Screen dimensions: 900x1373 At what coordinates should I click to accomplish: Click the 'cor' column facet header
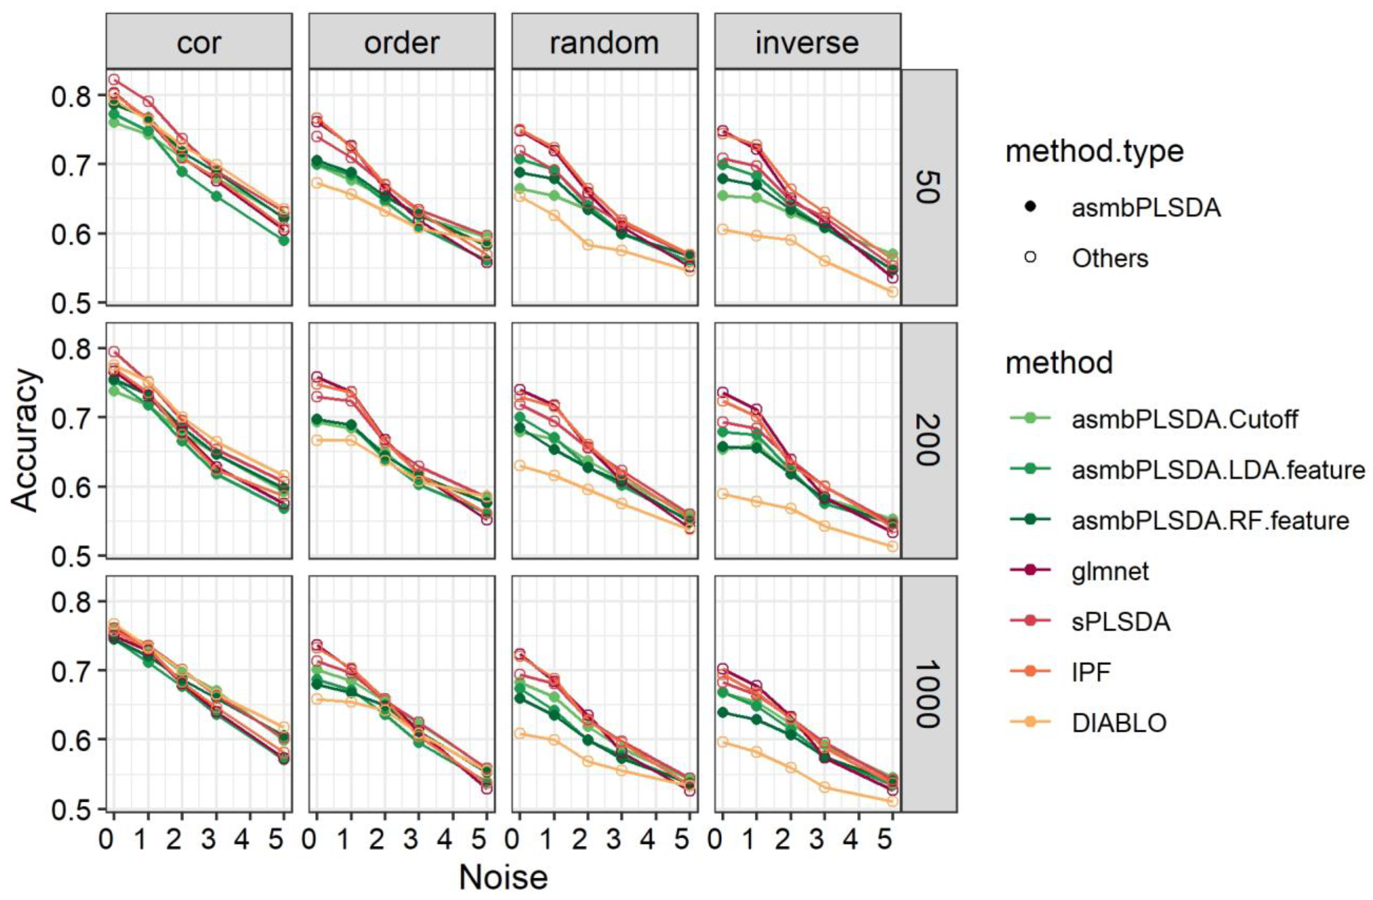pos(198,42)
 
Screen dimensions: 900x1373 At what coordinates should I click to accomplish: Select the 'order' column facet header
pos(401,42)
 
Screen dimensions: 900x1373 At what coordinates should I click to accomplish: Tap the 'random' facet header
pos(604,42)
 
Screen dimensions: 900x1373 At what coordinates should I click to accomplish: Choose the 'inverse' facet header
pos(807,42)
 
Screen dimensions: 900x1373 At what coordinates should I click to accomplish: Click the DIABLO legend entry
pos(1119,723)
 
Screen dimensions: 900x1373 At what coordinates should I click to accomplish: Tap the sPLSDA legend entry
pos(1121,622)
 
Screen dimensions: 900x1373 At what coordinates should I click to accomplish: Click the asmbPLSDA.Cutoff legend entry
pos(1184,419)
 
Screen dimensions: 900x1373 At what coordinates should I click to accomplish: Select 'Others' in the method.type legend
pos(1109,259)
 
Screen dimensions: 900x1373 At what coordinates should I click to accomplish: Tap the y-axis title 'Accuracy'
pos(26,440)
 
